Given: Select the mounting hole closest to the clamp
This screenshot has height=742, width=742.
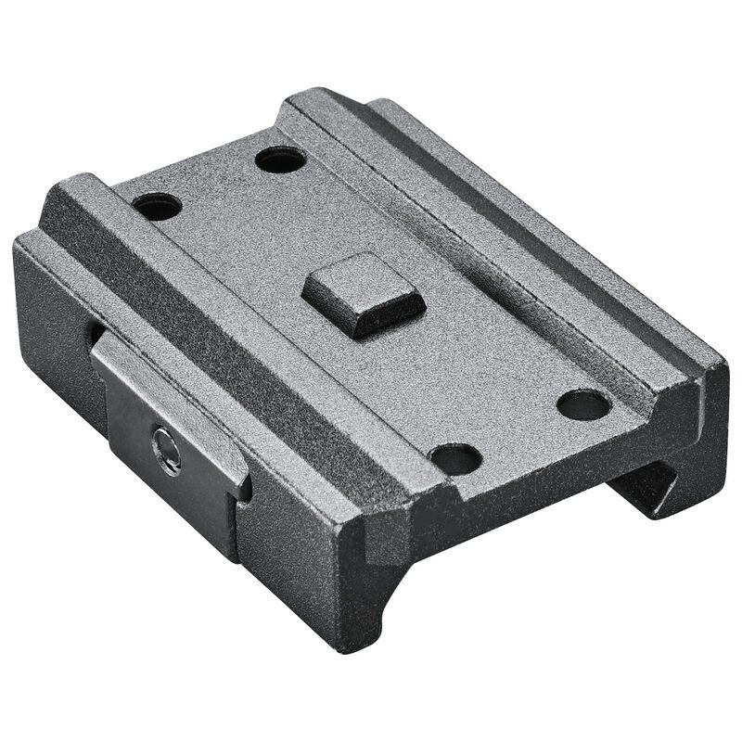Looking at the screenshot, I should [x=158, y=204].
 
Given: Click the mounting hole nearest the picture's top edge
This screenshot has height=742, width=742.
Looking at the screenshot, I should [x=279, y=160].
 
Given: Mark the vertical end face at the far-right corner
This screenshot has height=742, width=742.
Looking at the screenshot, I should [x=714, y=408].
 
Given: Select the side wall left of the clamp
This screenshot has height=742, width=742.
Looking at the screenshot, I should [x=46, y=315].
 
